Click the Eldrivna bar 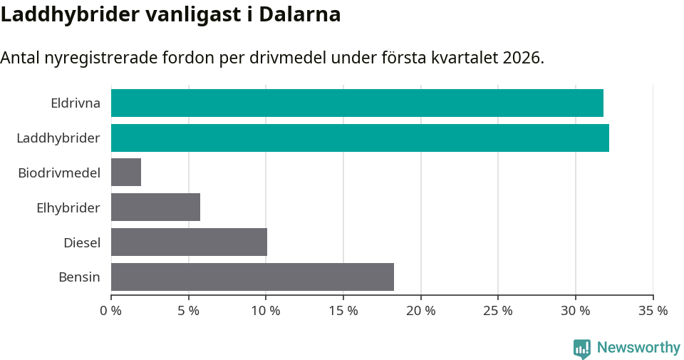coord(357,103)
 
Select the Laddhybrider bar coord(360,138)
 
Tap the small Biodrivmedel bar coord(126,173)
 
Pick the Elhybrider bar coord(155,207)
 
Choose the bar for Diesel coord(189,242)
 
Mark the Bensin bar coord(252,277)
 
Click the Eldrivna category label coord(75,103)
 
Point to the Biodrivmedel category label coord(58,173)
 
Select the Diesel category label coord(81,242)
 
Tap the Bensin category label coord(79,277)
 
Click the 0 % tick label coord(111,311)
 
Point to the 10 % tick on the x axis coord(266,311)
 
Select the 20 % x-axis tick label coord(420,311)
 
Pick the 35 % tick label coord(653,311)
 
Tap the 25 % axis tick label coord(498,311)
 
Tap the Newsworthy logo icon coord(582,348)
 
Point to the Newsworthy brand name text coord(638,348)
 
